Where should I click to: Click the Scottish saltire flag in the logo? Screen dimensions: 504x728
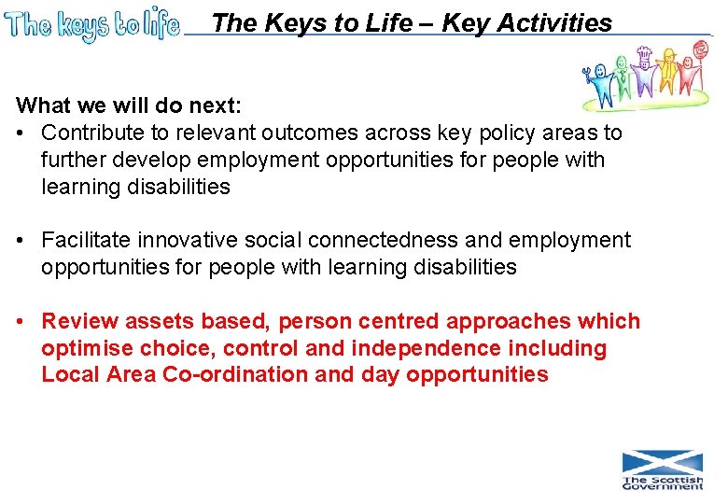pos(663,462)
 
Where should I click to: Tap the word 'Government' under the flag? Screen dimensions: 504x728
pos(663,485)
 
